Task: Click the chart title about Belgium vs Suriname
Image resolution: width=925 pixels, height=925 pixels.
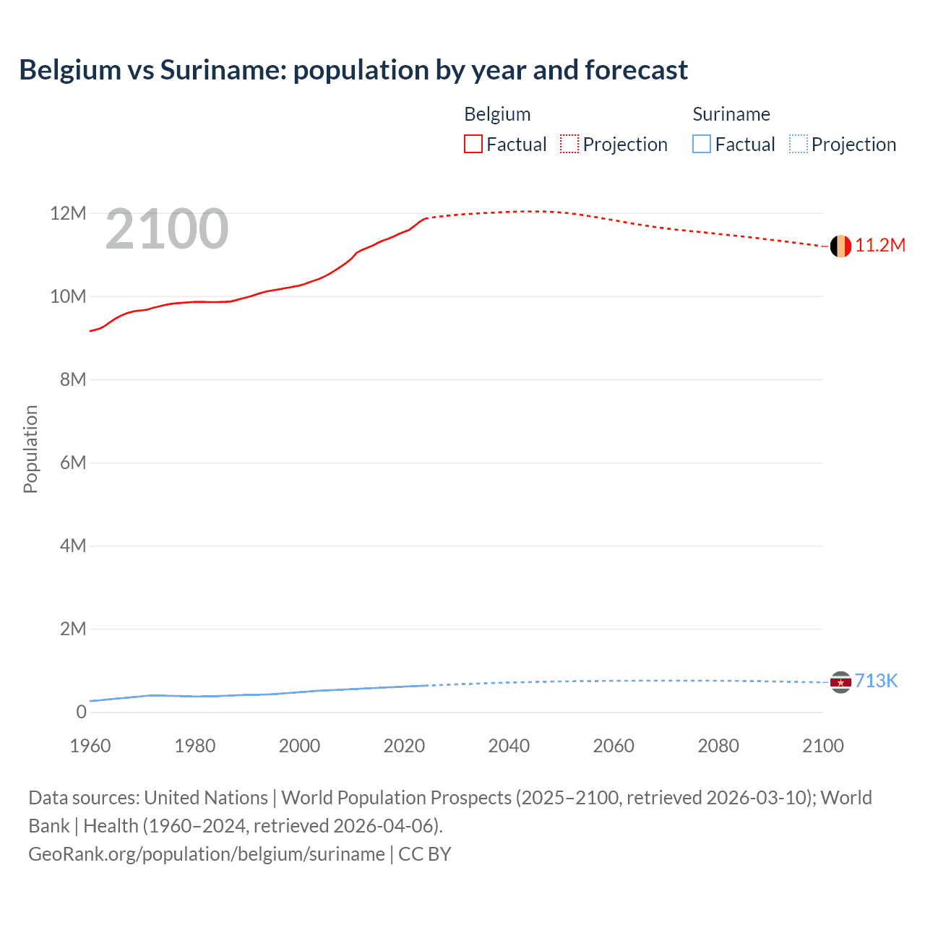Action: (x=353, y=70)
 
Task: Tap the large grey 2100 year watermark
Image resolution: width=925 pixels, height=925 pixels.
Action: (x=167, y=230)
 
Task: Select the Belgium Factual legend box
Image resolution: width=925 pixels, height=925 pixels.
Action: (x=473, y=145)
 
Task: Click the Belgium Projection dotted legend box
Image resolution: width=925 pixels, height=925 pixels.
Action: (x=569, y=145)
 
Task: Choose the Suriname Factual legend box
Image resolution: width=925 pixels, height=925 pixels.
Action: (x=702, y=145)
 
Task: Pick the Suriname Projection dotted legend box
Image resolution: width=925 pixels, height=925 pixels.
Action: (x=799, y=145)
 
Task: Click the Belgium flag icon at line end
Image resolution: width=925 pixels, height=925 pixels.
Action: (x=840, y=246)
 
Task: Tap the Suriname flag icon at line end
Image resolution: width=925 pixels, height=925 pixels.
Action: (x=840, y=682)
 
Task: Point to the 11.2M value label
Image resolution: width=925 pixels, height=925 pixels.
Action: (x=880, y=246)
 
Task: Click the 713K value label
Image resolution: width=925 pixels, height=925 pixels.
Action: (x=876, y=681)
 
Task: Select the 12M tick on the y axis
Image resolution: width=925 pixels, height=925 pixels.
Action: (x=68, y=214)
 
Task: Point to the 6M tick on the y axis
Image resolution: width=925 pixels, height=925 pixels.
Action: (x=73, y=463)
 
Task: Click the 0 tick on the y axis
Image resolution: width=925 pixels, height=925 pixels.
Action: (x=81, y=713)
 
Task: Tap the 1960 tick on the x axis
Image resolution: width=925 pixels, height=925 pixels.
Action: (x=90, y=747)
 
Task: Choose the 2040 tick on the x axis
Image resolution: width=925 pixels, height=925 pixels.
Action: (x=509, y=747)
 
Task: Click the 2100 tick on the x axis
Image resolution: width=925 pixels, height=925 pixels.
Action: (x=822, y=747)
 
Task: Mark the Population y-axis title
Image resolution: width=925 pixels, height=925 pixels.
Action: (x=30, y=449)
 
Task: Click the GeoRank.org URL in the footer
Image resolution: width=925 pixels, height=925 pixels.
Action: (x=207, y=854)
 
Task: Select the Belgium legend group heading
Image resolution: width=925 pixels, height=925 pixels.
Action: (x=497, y=114)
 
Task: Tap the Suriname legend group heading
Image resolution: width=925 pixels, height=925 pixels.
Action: (x=731, y=114)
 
